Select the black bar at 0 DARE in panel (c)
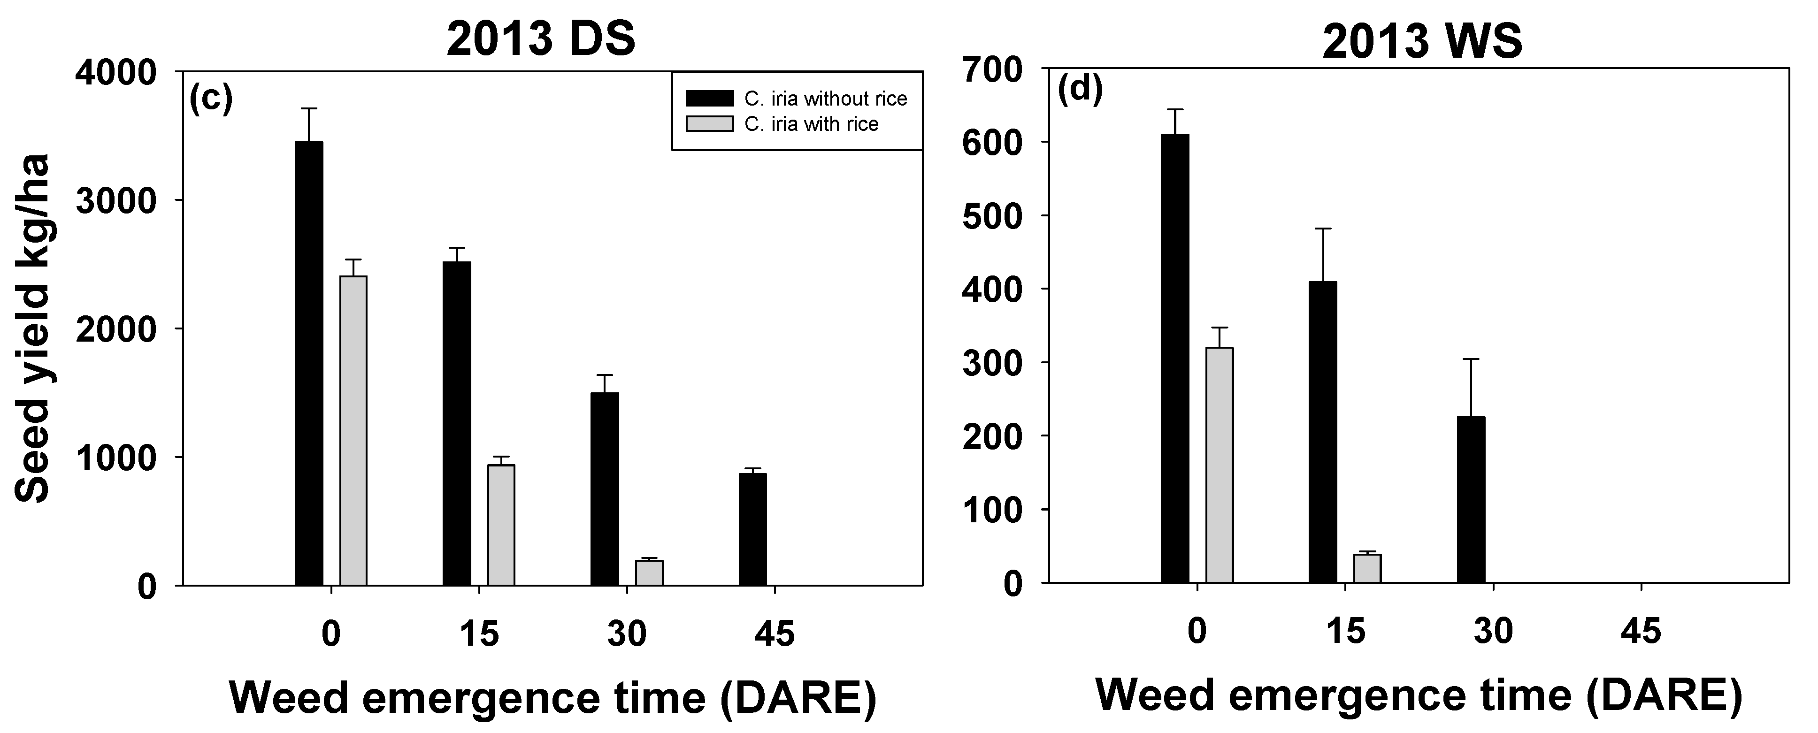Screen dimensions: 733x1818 click(308, 363)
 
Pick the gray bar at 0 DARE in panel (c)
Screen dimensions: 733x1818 click(353, 430)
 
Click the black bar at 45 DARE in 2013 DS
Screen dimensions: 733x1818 click(752, 529)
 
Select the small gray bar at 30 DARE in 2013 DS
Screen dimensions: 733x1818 click(649, 572)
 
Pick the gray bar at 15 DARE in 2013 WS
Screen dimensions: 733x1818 click(1367, 568)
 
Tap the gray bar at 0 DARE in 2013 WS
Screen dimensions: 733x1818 click(1219, 465)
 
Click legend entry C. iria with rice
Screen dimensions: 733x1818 click(811, 124)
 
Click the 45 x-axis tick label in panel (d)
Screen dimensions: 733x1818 click(1641, 632)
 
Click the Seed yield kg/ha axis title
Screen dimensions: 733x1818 click(32, 328)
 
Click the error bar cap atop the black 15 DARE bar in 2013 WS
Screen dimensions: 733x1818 click(1323, 229)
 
